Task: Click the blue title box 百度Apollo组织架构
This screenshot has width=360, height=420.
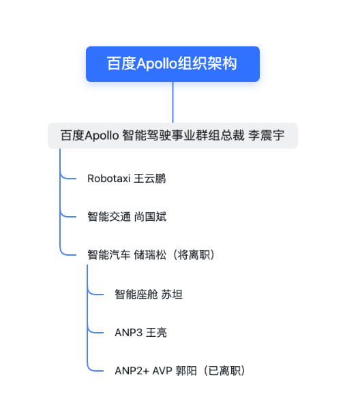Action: [172, 64]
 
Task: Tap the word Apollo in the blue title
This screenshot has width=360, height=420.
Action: [157, 64]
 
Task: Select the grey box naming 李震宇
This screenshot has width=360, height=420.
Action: [172, 136]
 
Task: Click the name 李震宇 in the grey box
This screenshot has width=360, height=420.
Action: [266, 136]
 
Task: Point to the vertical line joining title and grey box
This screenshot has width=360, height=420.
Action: [172, 102]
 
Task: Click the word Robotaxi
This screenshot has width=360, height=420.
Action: [109, 179]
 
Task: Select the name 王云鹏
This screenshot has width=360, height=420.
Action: [150, 179]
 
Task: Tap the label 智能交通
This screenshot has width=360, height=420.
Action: [109, 217]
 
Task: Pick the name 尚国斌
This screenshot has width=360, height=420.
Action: [150, 217]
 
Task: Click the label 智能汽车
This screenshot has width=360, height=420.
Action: [109, 255]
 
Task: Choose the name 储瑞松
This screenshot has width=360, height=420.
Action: [150, 255]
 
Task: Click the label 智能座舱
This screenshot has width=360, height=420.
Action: [136, 295]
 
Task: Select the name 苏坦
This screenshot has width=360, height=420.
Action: [172, 295]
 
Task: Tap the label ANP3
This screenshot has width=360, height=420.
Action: [129, 333]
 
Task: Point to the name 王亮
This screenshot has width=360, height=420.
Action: [156, 333]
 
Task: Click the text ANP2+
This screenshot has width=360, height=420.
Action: [132, 371]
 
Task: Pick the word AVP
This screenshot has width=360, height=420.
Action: [162, 371]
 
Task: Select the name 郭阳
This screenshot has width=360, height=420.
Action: [186, 371]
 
